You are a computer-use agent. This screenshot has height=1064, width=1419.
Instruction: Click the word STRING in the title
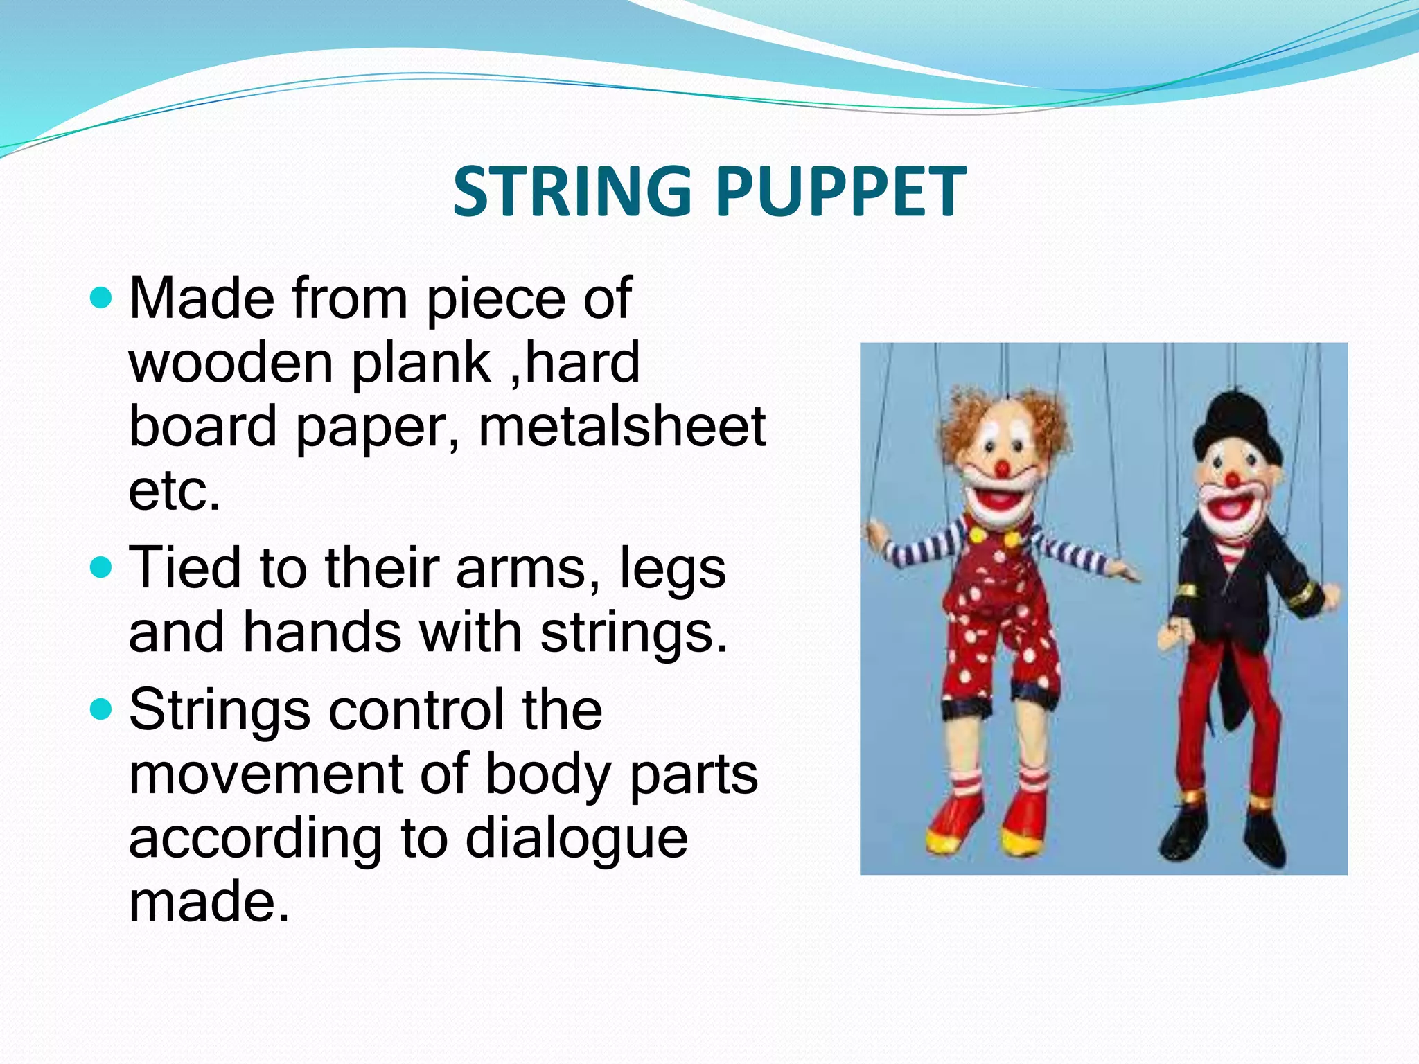pyautogui.click(x=572, y=191)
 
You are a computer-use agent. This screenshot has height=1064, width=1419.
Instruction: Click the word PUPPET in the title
pyautogui.click(x=840, y=191)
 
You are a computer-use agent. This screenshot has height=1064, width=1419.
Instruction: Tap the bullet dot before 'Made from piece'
pyautogui.click(x=101, y=299)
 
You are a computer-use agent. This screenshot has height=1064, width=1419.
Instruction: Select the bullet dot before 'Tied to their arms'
pyautogui.click(x=101, y=569)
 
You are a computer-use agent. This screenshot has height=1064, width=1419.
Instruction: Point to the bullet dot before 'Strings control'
pyautogui.click(x=101, y=710)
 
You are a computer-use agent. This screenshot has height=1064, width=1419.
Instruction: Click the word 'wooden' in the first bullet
pyautogui.click(x=231, y=363)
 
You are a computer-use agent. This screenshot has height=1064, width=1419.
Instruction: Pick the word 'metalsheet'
pyautogui.click(x=622, y=427)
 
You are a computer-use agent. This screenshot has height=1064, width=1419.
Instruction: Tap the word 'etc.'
pyautogui.click(x=175, y=490)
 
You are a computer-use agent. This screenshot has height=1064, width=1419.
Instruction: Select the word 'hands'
pyautogui.click(x=323, y=632)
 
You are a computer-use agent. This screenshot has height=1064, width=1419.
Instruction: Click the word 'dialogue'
pyautogui.click(x=576, y=839)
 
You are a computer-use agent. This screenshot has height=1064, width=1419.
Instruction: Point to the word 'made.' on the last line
pyautogui.click(x=209, y=902)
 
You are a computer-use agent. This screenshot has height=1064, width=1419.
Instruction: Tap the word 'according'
pyautogui.click(x=256, y=839)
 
